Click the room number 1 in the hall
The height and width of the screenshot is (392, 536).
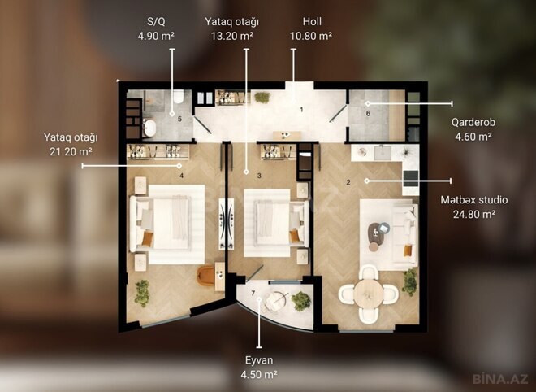[301, 109]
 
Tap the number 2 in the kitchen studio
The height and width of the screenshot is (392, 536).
[348, 182]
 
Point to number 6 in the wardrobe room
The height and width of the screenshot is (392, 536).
[368, 113]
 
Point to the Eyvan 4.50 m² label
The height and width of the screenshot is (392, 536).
[258, 367]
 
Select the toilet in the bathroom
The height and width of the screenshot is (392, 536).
[176, 99]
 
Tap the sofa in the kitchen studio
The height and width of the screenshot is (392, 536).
[400, 235]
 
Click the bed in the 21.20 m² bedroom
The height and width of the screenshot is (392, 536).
[169, 222]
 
